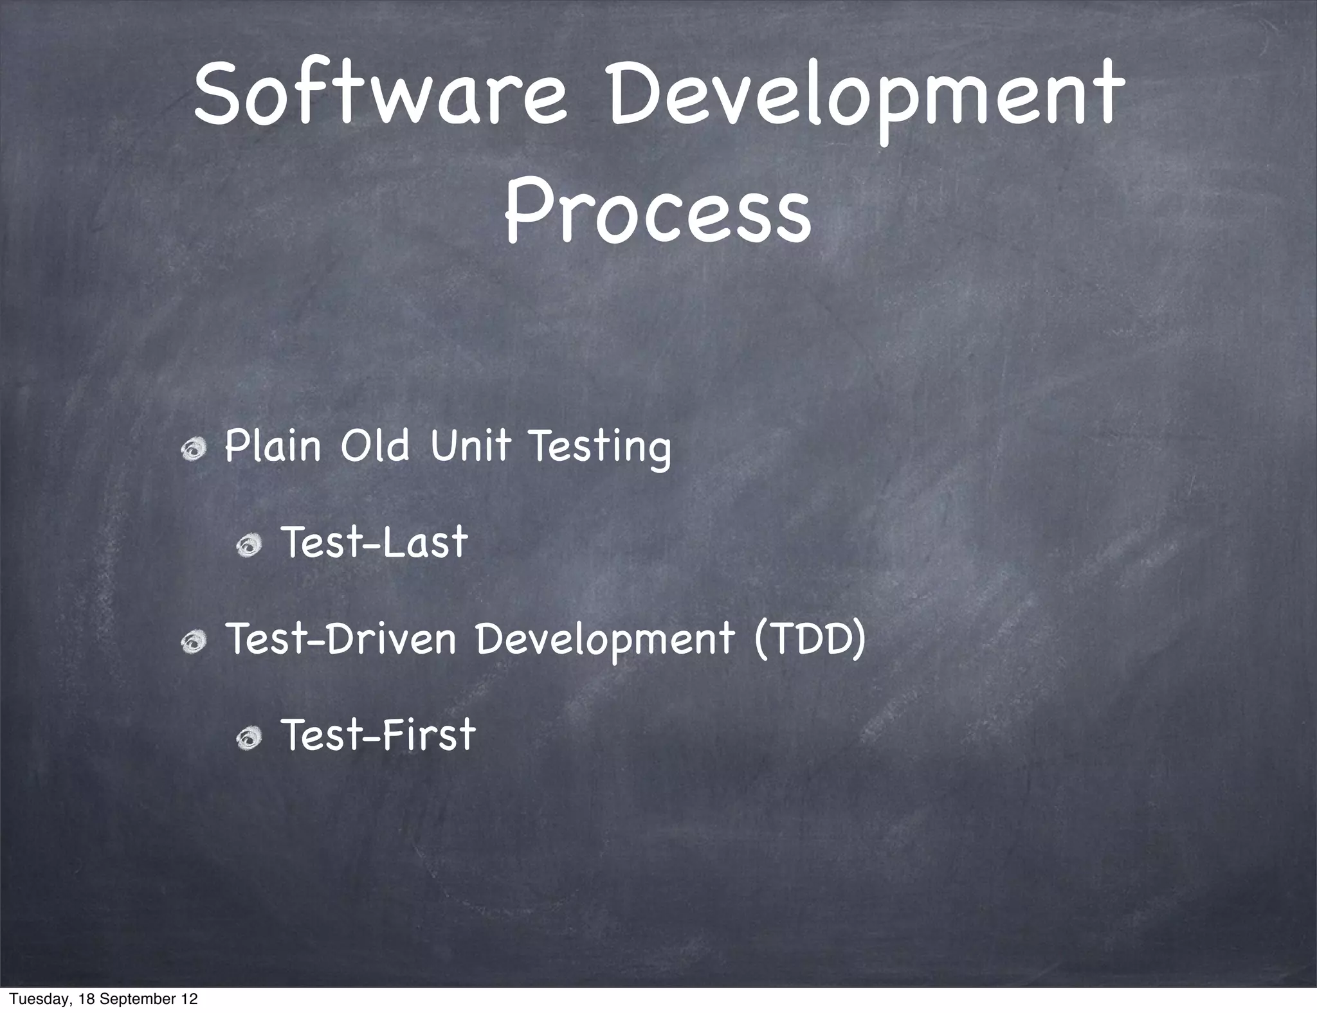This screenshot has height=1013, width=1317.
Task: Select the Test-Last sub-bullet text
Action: pos(375,542)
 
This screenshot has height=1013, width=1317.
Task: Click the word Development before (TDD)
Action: pos(604,641)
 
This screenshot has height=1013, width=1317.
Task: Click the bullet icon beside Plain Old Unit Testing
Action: pos(193,450)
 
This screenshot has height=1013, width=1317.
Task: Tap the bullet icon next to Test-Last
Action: pos(250,546)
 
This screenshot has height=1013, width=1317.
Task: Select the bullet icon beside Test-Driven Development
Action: pos(193,642)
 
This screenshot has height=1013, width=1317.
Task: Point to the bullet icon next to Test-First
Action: pos(250,739)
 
